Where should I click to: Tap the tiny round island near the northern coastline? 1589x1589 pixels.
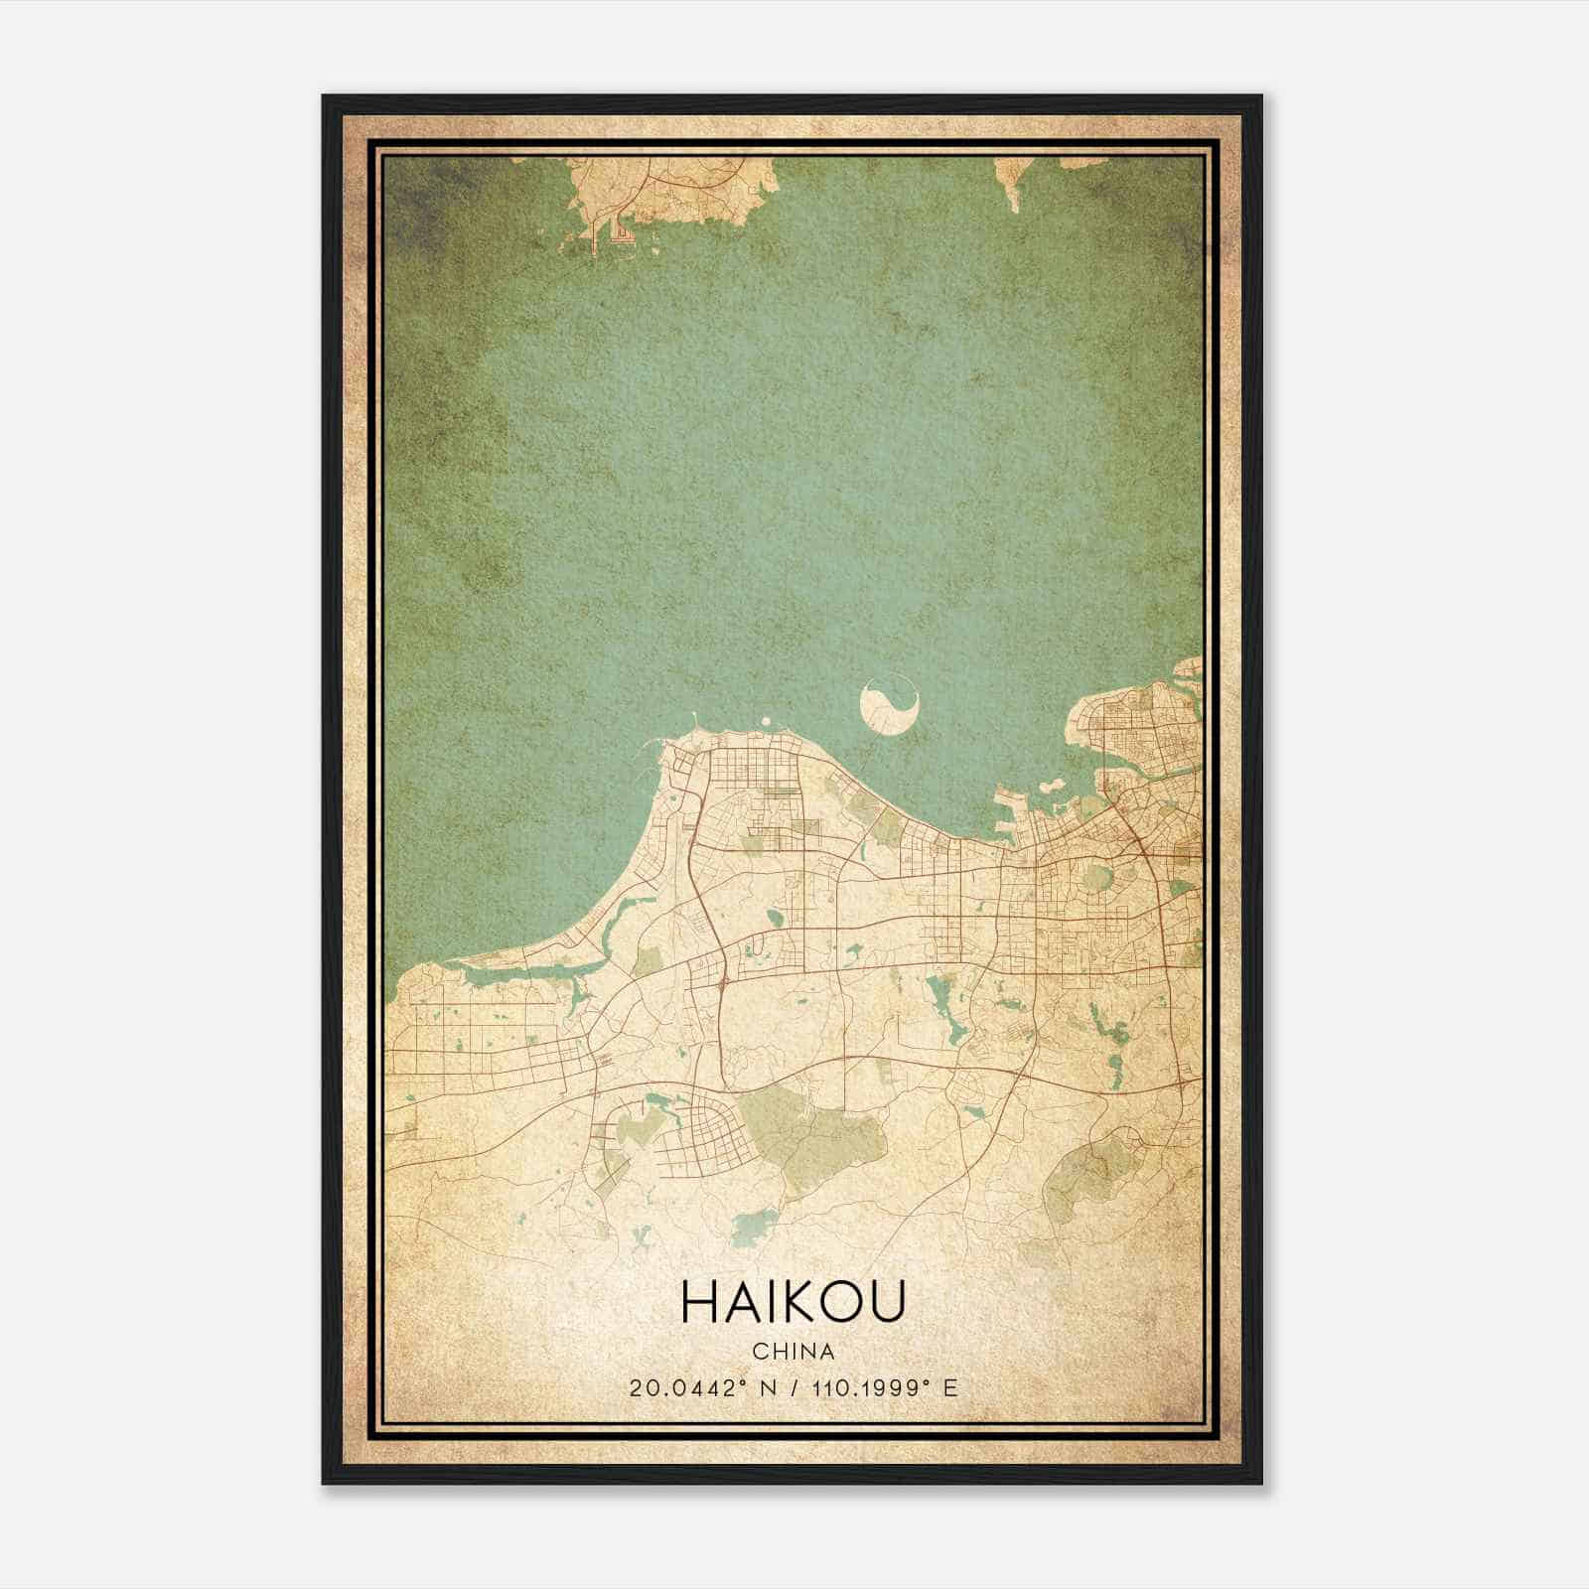click(765, 722)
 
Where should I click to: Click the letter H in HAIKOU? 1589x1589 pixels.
click(699, 1302)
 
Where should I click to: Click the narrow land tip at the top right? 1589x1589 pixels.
click(1013, 184)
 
